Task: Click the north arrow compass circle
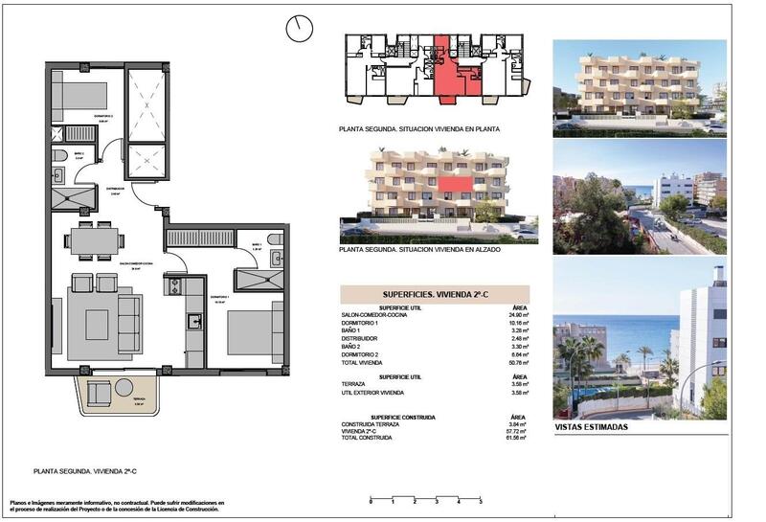[x=300, y=29]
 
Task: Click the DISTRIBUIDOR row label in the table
[x=359, y=339]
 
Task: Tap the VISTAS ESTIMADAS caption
[x=592, y=427]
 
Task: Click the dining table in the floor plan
[x=96, y=238]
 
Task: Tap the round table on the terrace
[x=124, y=387]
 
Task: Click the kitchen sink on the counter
[x=192, y=321]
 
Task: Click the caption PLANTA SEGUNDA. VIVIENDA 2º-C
[x=84, y=471]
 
